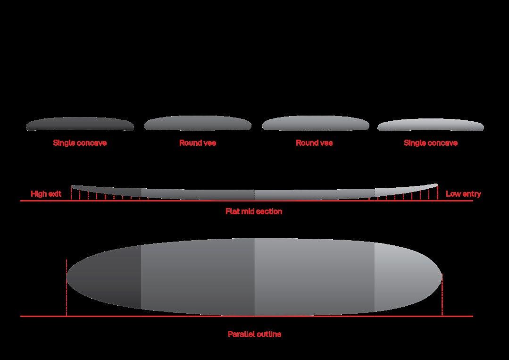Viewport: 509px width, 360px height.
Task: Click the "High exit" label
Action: (46, 194)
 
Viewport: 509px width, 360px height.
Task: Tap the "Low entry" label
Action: (463, 194)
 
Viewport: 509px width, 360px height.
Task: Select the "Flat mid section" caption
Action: (254, 211)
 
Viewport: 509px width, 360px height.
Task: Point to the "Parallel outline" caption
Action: (254, 334)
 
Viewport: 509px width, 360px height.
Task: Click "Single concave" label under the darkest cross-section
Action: (80, 143)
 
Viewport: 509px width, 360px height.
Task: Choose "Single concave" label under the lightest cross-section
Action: (430, 143)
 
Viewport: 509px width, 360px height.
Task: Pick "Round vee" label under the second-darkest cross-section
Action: (198, 143)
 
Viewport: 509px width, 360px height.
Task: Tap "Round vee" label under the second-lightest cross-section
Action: (314, 143)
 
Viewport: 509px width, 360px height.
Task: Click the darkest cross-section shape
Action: (80, 124)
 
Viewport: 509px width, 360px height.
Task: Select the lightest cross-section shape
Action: (430, 125)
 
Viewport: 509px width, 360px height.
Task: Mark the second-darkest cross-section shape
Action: (198, 124)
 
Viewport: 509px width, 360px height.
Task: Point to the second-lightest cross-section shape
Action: (315, 123)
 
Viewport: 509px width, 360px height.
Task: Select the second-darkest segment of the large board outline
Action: (198, 277)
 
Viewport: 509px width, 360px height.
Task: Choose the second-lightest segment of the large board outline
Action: (314, 277)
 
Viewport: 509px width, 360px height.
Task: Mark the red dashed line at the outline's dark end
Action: (67, 288)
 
